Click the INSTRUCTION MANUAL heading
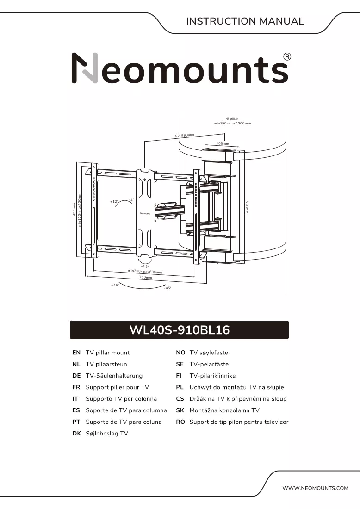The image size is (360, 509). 245,21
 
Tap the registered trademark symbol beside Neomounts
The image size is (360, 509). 287,57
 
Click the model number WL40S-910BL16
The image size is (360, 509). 179,330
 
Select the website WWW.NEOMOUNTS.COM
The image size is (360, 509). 315,488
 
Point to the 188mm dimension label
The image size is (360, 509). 223,143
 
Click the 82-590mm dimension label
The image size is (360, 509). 185,136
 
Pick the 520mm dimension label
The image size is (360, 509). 247,207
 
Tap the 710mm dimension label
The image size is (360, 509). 145,277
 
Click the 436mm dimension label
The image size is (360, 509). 74,209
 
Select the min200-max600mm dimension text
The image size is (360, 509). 145,271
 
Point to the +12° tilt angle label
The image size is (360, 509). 114,202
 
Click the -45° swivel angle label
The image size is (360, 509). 167,288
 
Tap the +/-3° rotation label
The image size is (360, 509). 145,266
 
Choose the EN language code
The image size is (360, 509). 76,353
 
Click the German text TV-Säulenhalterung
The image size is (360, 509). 114,376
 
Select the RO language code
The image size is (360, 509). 180,422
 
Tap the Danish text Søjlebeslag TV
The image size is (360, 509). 107,434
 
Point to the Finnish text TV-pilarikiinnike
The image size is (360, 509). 213,376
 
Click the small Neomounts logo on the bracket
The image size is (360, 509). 145,213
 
